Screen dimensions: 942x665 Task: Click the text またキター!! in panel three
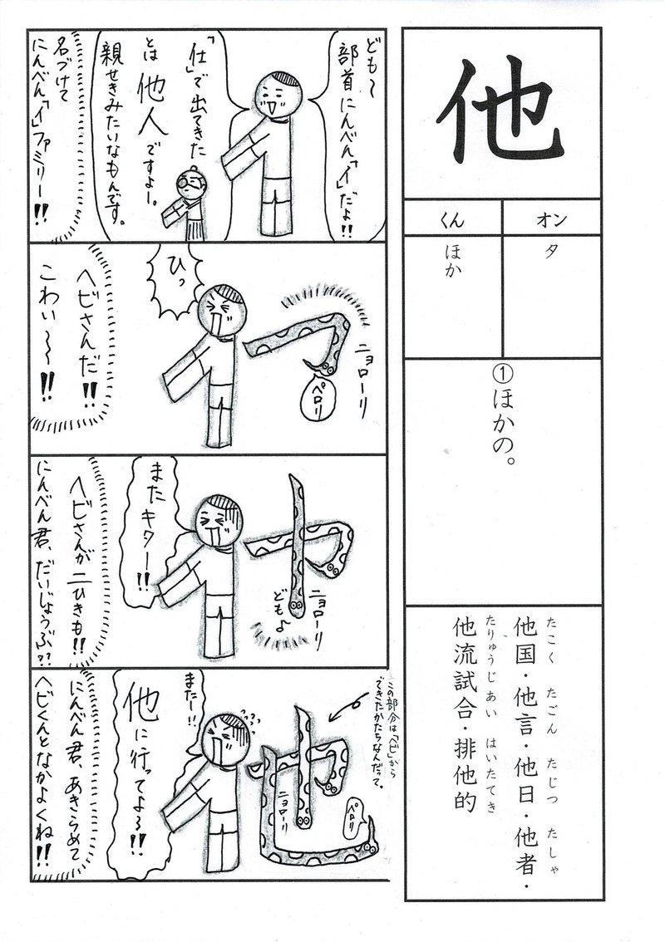tap(149, 523)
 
